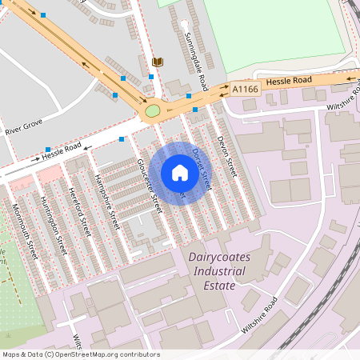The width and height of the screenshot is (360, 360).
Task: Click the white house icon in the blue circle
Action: [x=180, y=173]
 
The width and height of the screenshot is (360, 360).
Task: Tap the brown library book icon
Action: [x=156, y=62]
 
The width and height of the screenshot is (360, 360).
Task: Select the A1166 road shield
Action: [x=246, y=90]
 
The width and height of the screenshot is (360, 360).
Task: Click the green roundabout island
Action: [x=152, y=110]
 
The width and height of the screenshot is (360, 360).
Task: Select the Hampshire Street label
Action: [x=106, y=202]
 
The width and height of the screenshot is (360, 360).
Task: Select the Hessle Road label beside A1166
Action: [x=289, y=81]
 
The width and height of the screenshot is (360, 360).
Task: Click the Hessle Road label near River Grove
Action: [x=62, y=151]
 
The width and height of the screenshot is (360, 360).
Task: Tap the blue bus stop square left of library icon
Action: [x=123, y=78]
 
